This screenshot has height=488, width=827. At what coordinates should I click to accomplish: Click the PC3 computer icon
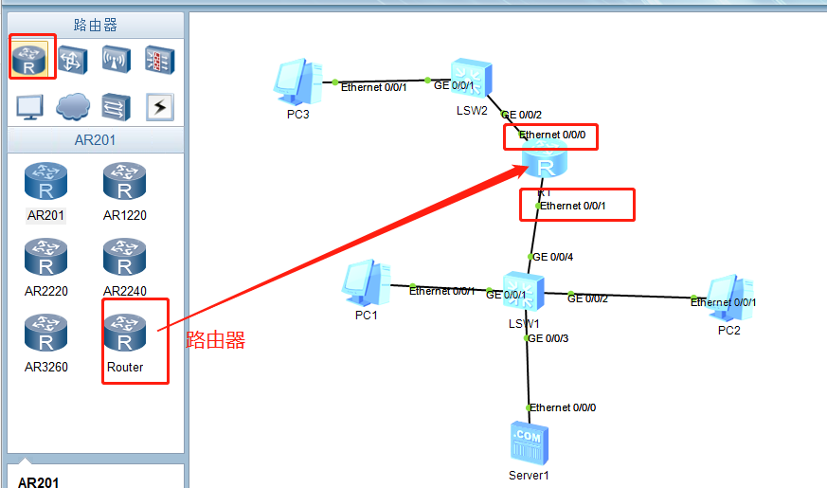click(297, 82)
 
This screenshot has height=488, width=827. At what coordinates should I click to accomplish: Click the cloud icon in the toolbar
click(73, 107)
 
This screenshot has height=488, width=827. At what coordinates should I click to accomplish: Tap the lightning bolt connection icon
click(159, 107)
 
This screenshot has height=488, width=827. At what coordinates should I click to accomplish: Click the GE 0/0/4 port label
click(553, 257)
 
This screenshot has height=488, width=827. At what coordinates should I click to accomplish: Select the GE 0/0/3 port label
click(548, 338)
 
